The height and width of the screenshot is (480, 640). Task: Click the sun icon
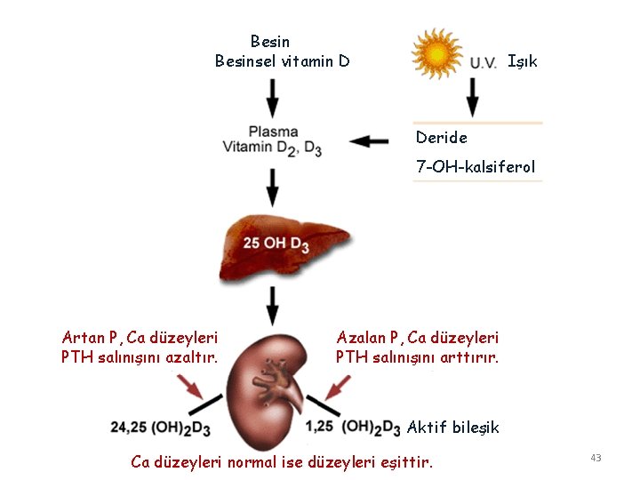click(x=437, y=53)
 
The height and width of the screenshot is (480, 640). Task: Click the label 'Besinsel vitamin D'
click(x=282, y=61)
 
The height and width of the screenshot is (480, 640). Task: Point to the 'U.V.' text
click(x=483, y=62)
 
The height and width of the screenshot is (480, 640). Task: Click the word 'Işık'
click(x=523, y=61)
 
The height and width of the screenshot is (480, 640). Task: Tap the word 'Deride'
click(x=441, y=138)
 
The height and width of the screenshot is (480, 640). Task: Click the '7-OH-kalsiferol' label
click(x=476, y=167)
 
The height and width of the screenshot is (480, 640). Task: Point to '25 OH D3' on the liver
click(x=275, y=244)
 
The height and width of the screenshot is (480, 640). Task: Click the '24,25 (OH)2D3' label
click(x=160, y=428)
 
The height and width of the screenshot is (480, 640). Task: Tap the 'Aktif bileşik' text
click(x=452, y=428)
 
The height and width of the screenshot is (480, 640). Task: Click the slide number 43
click(x=596, y=458)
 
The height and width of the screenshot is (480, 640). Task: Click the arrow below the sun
click(x=472, y=96)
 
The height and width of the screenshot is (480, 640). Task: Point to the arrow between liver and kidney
click(x=273, y=305)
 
